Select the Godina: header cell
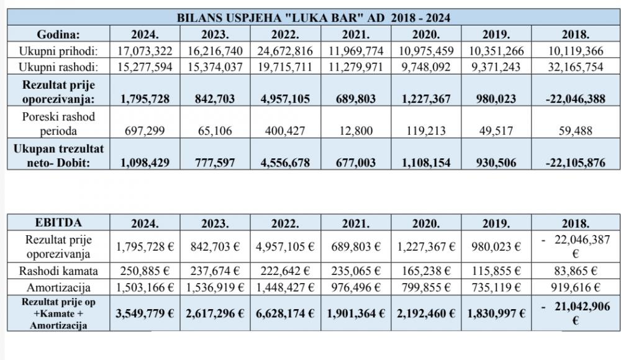(x=58, y=34)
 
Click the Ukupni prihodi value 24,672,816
(x=285, y=51)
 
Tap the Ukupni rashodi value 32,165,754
(x=576, y=66)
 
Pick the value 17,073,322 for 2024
(x=145, y=51)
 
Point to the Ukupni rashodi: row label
(x=58, y=66)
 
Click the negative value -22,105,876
(x=576, y=163)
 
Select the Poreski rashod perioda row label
(x=58, y=124)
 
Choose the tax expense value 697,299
(x=145, y=130)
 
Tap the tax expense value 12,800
(x=356, y=130)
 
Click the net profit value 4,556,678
(x=285, y=163)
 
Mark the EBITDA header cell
(x=58, y=222)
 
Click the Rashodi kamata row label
(x=58, y=271)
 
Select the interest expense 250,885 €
(x=145, y=271)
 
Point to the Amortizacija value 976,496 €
(x=356, y=287)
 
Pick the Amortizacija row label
(x=58, y=287)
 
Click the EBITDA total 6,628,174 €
(x=285, y=313)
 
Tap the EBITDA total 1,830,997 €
(x=496, y=313)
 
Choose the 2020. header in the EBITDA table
(x=426, y=223)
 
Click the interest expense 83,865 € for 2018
(x=576, y=271)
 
